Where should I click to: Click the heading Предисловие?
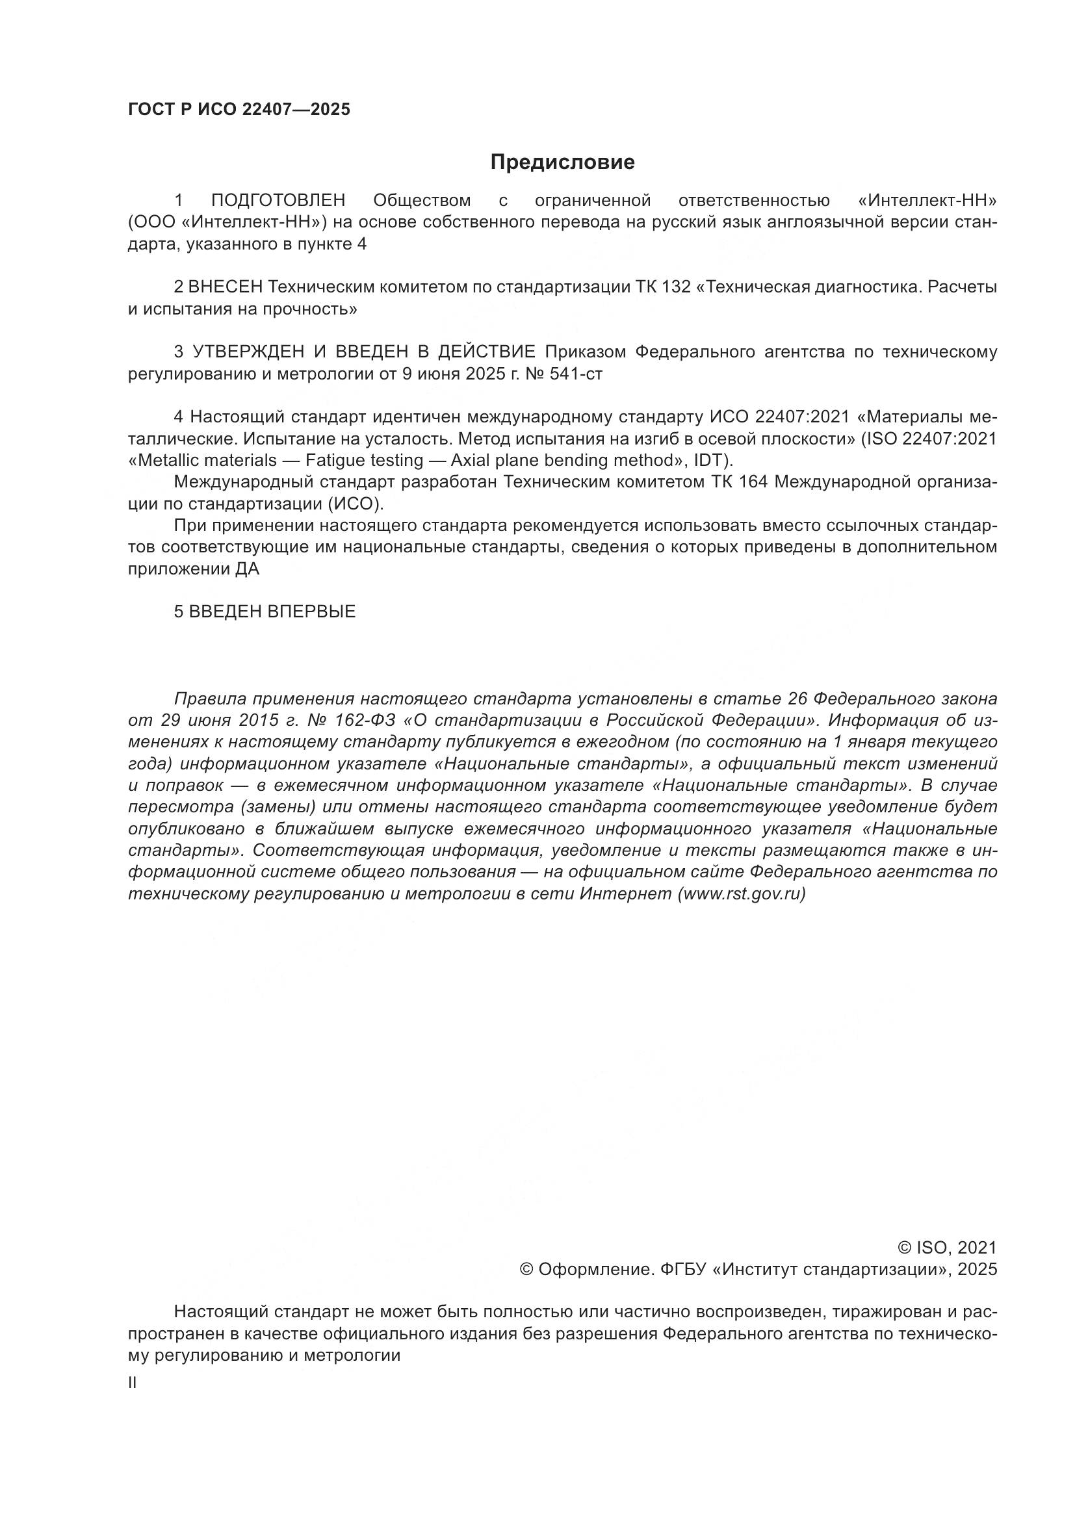[562, 162]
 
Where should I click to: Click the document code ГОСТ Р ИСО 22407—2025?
[239, 110]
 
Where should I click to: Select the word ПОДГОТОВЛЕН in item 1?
[278, 201]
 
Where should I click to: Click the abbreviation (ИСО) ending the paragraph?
[356, 504]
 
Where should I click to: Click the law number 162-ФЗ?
[365, 720]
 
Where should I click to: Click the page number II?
[133, 1383]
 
